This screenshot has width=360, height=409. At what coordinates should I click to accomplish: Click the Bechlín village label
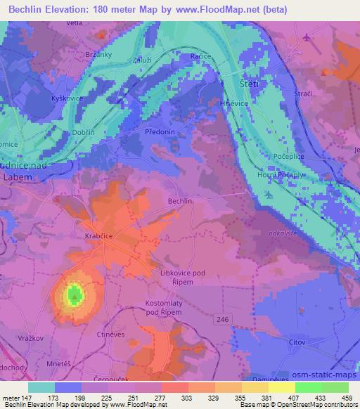pyautogui.click(x=179, y=201)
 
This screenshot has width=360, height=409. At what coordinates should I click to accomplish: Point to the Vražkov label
pyautogui.click(x=21, y=338)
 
